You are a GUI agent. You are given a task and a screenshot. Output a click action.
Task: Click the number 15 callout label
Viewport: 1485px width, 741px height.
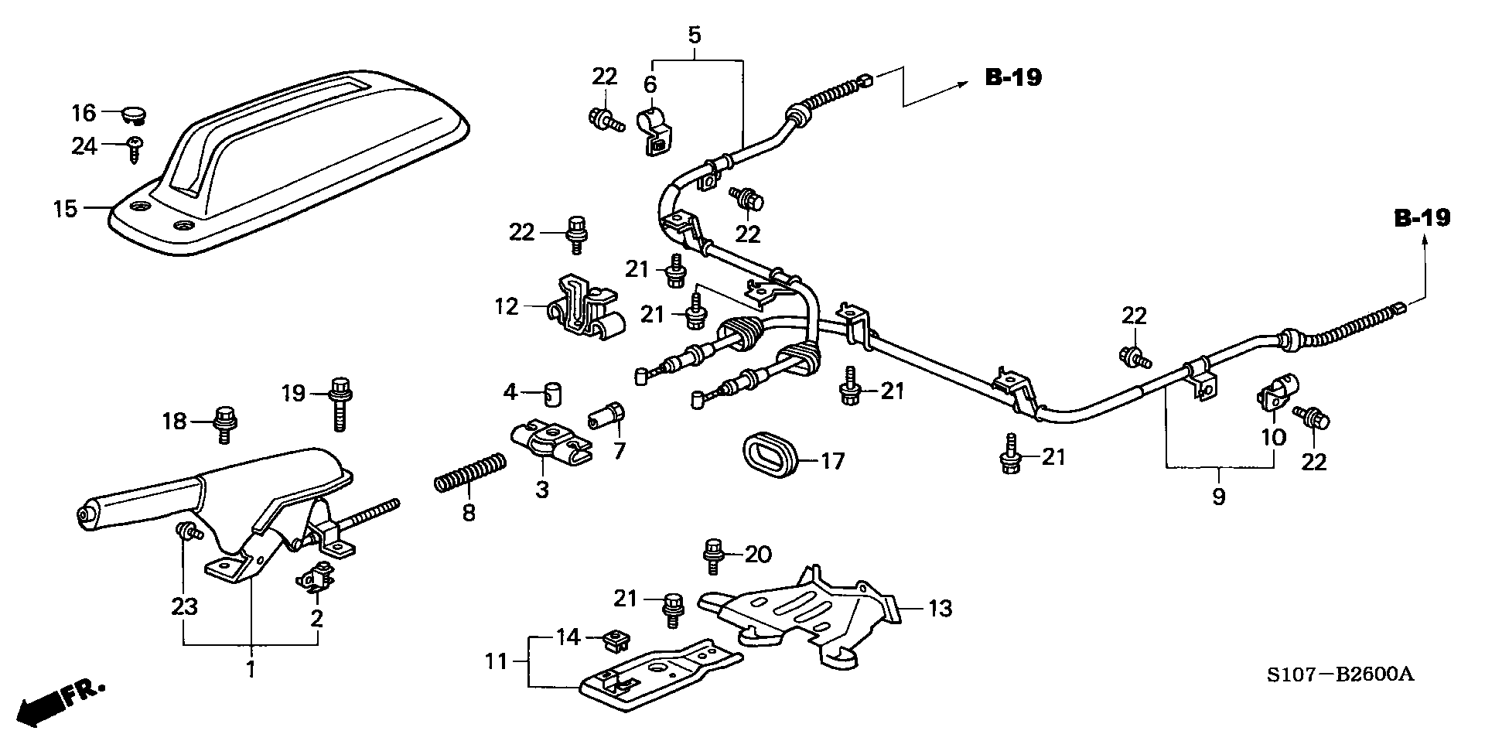click(66, 208)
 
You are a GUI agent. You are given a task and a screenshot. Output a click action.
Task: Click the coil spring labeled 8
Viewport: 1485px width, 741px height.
click(469, 473)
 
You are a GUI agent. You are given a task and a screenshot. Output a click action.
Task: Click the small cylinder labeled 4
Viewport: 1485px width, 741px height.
click(552, 394)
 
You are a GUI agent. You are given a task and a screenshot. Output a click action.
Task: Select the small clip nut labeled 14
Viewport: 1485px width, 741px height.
click(615, 640)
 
